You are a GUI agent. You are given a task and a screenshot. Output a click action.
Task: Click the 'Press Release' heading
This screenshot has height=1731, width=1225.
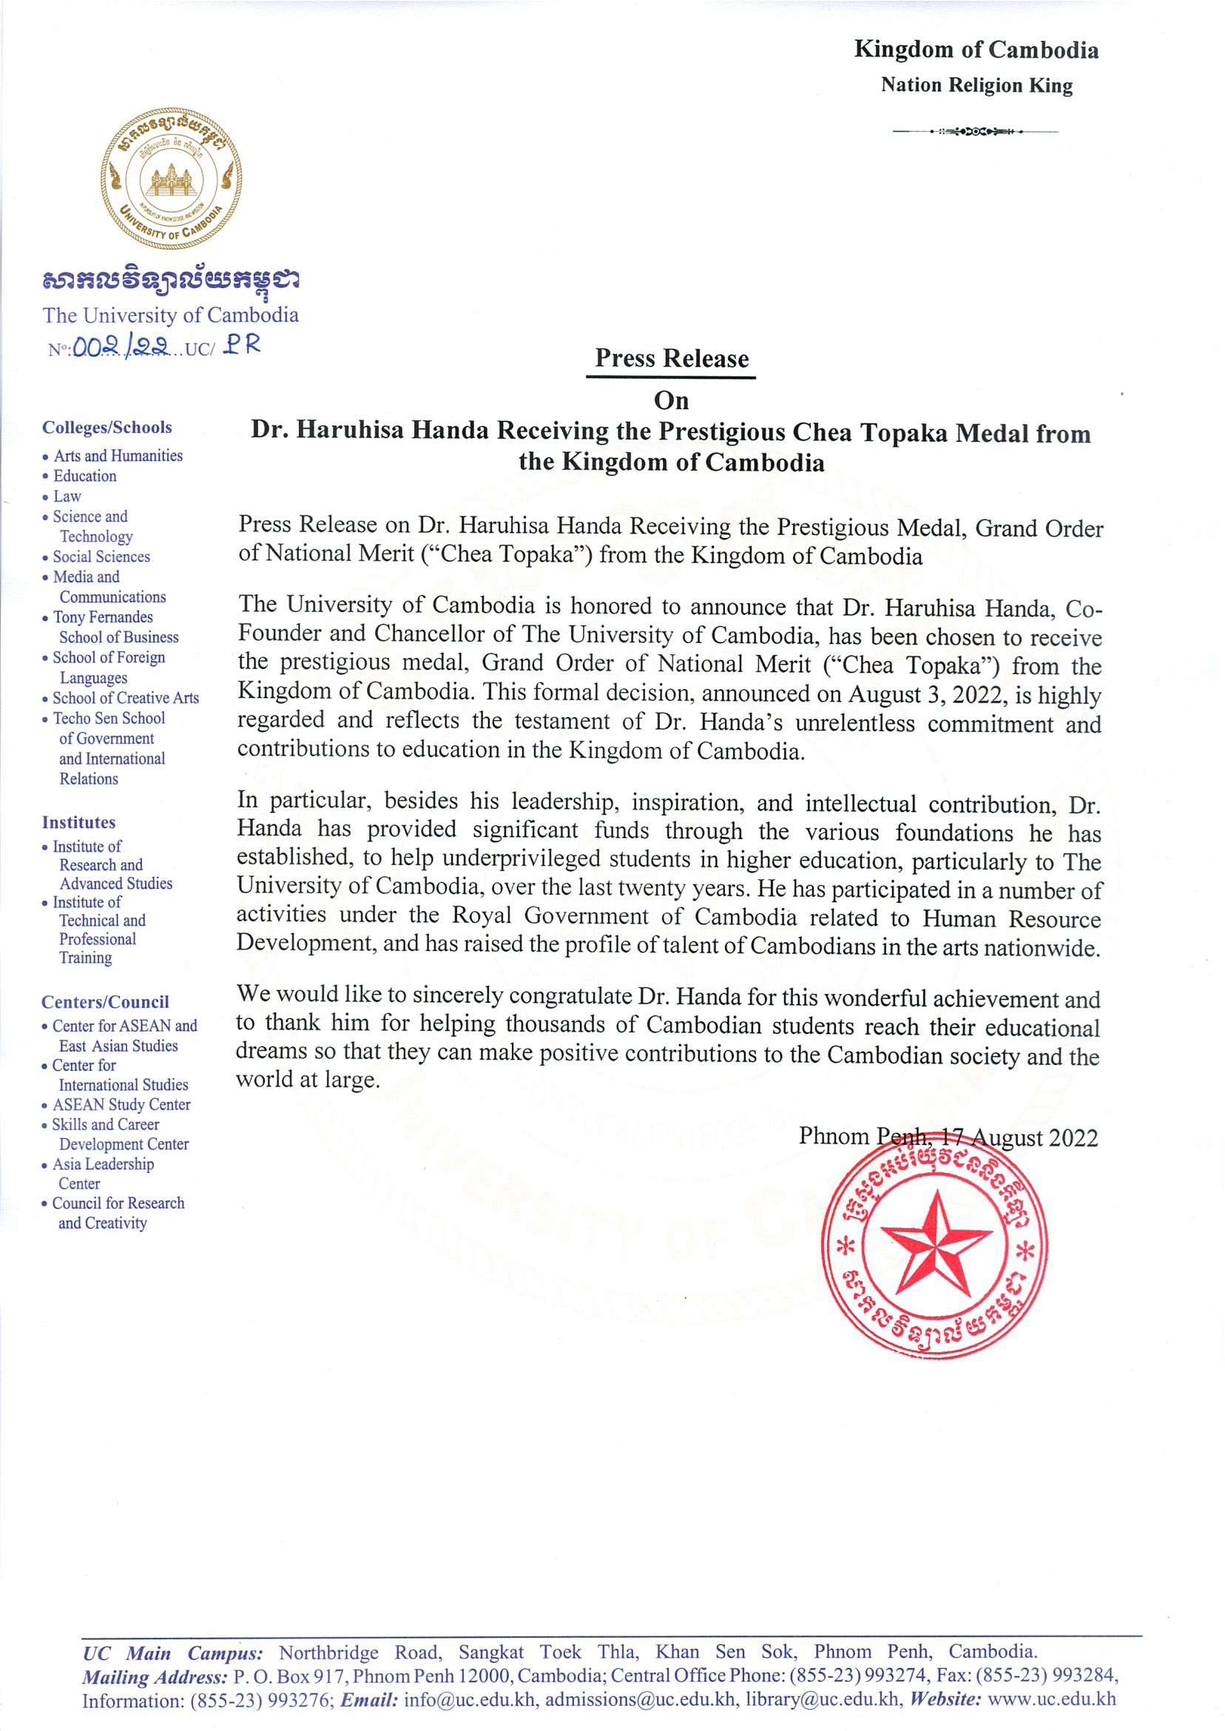pos(672,358)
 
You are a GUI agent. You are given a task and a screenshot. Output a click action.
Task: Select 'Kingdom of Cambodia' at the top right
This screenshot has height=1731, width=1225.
pos(976,50)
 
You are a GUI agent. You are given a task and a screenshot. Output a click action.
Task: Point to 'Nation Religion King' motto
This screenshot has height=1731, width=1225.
pos(976,85)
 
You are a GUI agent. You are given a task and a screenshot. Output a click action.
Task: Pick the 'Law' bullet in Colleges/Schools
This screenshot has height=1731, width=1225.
pos(67,497)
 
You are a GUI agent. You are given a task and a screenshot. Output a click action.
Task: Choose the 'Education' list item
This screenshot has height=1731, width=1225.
pos(84,476)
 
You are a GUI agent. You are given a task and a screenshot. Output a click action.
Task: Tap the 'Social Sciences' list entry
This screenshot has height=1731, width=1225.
pos(101,557)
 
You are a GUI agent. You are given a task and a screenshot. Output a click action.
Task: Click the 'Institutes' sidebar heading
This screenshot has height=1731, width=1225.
pos(78,822)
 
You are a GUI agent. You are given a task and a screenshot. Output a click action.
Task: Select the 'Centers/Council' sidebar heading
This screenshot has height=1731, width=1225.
pos(105,1002)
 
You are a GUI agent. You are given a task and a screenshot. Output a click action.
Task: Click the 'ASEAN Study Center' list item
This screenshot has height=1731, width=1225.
pos(121,1105)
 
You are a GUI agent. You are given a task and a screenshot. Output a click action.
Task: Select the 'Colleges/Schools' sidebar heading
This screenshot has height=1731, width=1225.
pos(107,428)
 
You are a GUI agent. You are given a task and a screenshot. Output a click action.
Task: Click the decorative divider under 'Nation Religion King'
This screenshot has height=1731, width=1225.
pos(974,132)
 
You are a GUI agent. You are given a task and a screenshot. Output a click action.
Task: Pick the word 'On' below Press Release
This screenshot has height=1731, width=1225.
pos(672,399)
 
